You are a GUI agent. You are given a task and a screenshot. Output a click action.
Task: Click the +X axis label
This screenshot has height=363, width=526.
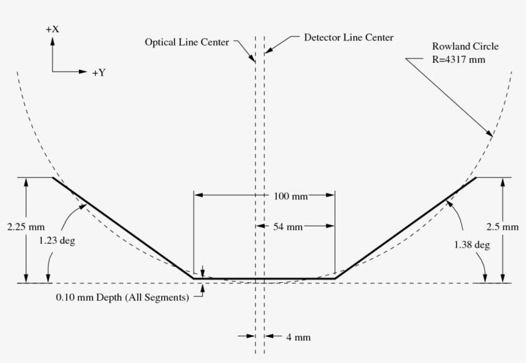tap(53, 30)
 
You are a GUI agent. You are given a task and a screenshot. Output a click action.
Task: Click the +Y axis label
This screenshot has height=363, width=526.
tap(98, 72)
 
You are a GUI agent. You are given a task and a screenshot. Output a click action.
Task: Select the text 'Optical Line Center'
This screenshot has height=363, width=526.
tap(186, 42)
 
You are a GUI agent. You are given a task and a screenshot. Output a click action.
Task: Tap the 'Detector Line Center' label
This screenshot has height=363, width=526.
tap(349, 37)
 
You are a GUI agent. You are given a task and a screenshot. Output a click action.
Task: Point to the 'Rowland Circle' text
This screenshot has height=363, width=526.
tap(465, 47)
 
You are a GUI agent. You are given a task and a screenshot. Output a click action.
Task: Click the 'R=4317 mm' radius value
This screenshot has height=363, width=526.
tap(458, 59)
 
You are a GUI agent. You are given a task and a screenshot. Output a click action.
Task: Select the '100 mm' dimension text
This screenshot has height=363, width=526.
tap(291, 196)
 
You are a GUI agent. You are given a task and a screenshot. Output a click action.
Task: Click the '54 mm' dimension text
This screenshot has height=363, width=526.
tap(288, 226)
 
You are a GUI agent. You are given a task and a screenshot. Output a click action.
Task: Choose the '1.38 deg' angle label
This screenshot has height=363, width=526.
tap(472, 244)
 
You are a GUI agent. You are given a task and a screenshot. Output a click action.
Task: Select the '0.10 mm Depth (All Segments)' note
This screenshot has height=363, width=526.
tap(123, 298)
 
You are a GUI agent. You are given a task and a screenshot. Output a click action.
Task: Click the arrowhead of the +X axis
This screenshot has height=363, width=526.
tap(53, 40)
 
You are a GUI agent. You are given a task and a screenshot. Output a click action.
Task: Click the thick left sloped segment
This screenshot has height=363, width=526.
tap(123, 228)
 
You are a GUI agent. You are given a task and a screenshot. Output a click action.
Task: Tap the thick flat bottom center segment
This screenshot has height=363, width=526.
tap(264, 278)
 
